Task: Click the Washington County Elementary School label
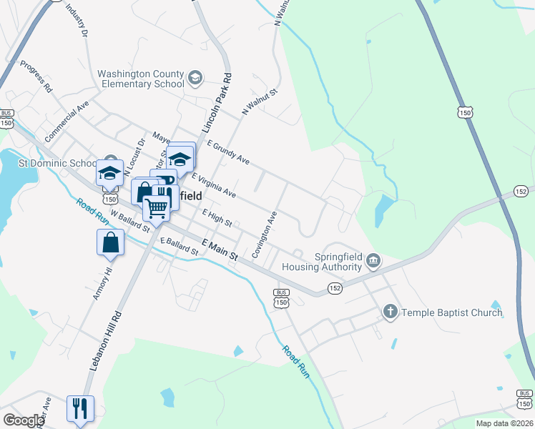coord(140,79)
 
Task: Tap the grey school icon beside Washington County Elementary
coord(195,77)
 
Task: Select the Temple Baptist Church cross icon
coord(390,312)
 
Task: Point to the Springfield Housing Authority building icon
coord(373,262)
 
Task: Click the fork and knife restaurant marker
coord(79,409)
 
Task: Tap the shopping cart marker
coord(157,208)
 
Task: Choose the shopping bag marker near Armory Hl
coord(111,242)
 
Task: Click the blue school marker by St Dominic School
coord(109,174)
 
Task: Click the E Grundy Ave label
coord(227,152)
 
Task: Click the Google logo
coord(24,420)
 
